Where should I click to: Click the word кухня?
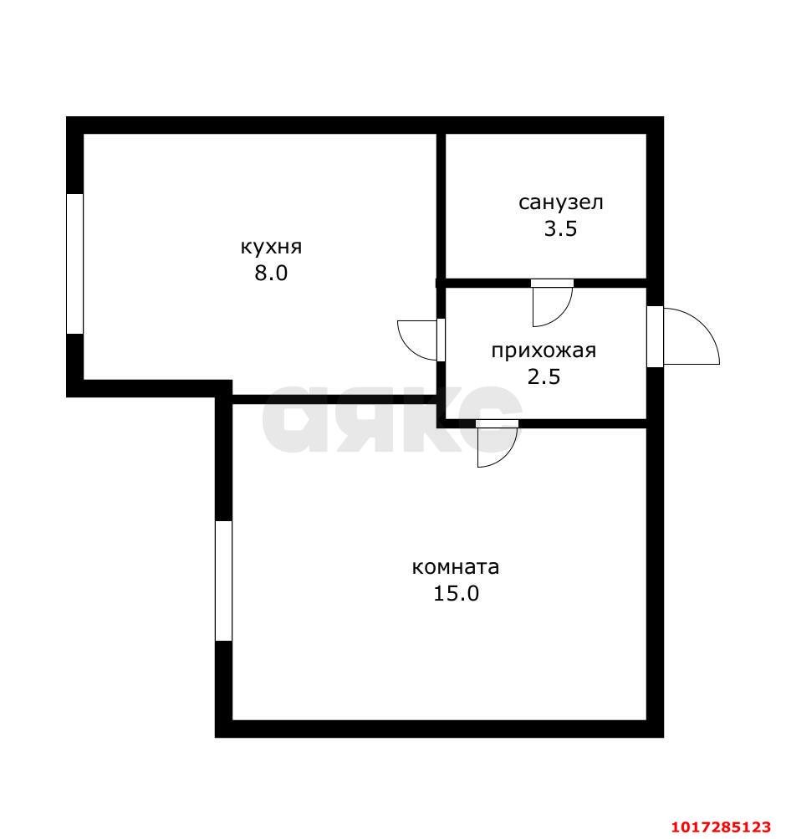coord(271,248)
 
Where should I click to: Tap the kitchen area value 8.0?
coord(271,273)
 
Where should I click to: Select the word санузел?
coord(561,202)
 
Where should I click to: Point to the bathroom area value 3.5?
coord(560,228)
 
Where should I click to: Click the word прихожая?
coord(544,351)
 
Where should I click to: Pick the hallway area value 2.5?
coord(544,376)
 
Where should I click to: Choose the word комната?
coord(456,567)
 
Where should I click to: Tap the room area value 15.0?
coord(456,593)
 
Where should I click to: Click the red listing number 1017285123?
coord(722,826)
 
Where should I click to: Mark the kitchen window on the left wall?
coord(75,263)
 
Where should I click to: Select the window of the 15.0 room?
coord(223,581)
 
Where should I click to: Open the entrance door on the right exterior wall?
coord(682,336)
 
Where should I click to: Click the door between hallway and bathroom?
coord(553,302)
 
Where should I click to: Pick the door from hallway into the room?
coord(498,443)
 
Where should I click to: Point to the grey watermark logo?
coord(392,418)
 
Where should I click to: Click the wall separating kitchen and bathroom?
coord(441,206)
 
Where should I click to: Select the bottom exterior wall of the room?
coord(440,729)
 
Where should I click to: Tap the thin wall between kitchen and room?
coord(334,399)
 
